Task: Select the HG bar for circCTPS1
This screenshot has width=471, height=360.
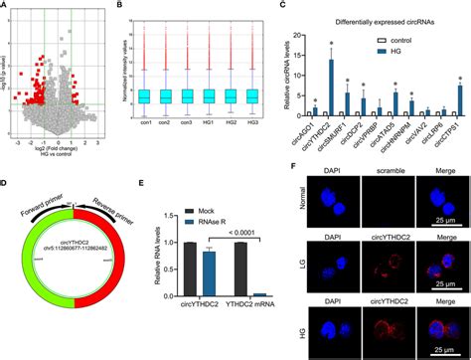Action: tap(460, 99)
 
